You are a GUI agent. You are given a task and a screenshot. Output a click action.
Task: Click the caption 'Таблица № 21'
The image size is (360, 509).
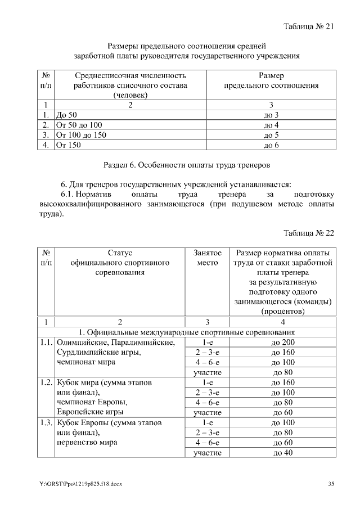(x=309, y=26)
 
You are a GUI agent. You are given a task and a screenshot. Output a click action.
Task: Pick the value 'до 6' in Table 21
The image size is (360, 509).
(x=271, y=145)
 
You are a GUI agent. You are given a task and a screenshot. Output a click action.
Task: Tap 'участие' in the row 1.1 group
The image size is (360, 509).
(x=207, y=372)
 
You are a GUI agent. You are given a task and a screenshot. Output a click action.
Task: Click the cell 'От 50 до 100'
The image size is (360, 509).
(x=79, y=125)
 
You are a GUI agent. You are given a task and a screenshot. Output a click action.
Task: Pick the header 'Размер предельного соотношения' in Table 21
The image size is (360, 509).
(x=271, y=80)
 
